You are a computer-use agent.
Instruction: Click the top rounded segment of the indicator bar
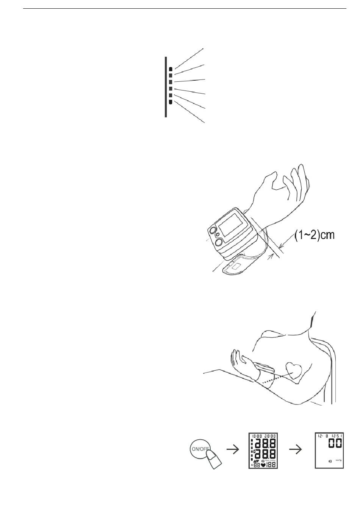[x=171, y=69]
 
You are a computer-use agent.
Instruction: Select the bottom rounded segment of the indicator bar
[x=171, y=102]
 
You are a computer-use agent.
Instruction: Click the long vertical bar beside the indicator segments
[x=166, y=87]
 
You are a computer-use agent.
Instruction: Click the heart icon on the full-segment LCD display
[x=262, y=465]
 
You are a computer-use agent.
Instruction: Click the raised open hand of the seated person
[x=239, y=359]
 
